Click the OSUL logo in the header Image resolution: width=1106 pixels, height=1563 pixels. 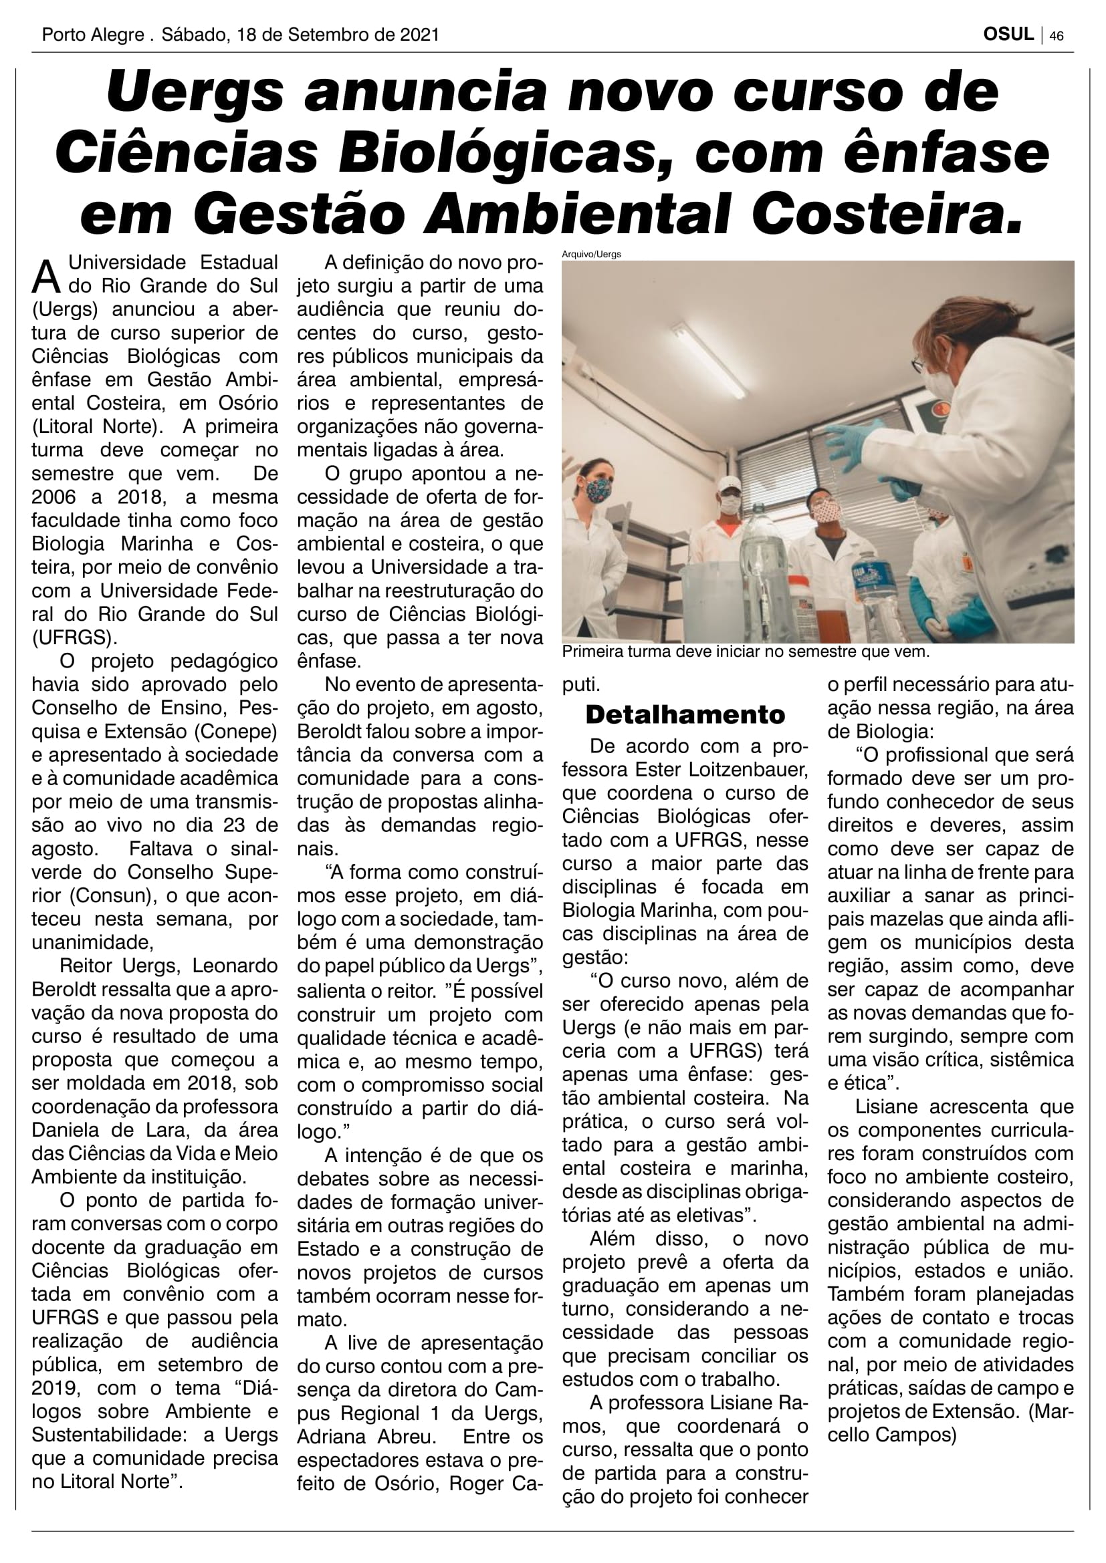click(x=1008, y=35)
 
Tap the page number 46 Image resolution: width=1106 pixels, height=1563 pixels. click(x=1057, y=36)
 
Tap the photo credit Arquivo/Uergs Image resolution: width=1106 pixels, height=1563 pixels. click(x=591, y=255)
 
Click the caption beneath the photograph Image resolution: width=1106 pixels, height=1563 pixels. click(x=745, y=652)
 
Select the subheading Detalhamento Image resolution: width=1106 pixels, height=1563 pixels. click(x=685, y=715)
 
